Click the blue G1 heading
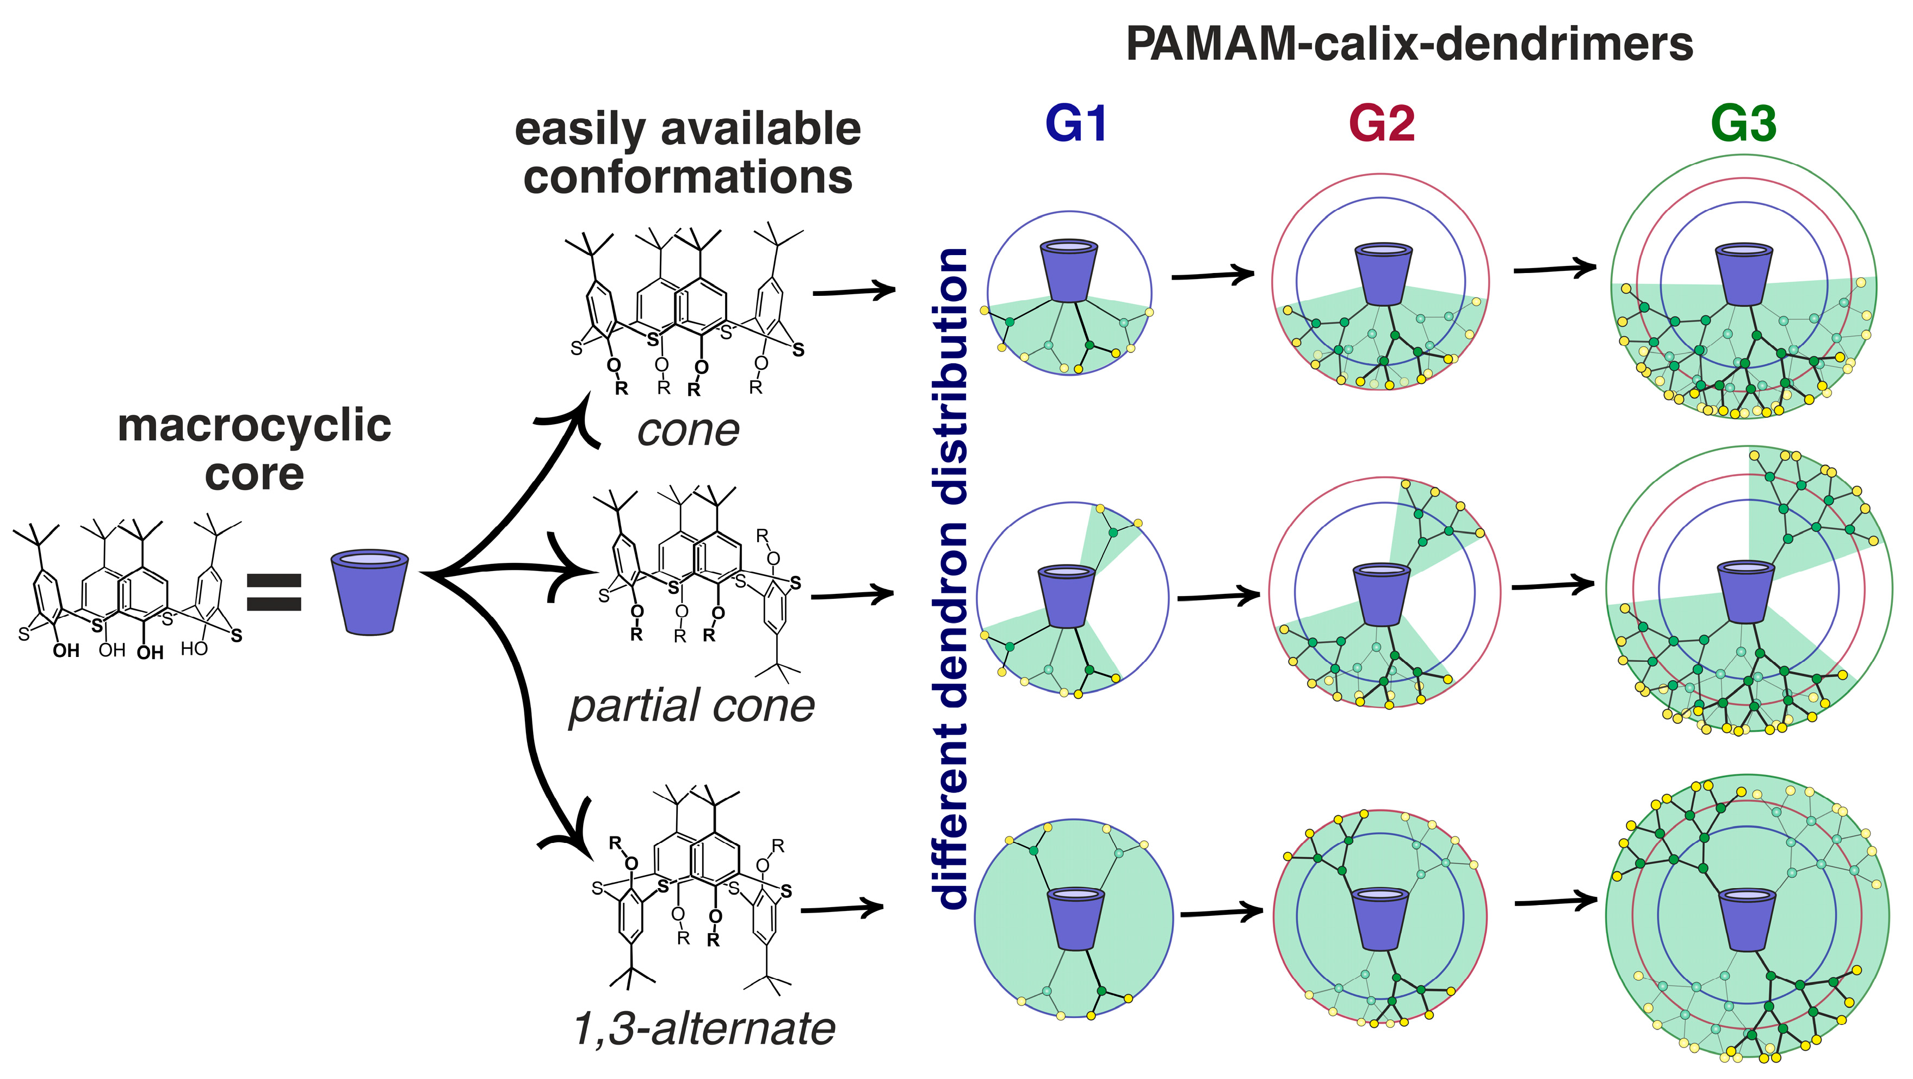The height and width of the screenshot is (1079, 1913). click(1075, 124)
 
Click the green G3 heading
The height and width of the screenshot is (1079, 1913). click(1743, 124)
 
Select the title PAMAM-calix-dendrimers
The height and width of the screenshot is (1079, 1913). click(1409, 45)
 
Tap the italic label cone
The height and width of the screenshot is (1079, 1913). click(689, 431)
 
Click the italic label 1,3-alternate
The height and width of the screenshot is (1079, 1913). click(704, 1028)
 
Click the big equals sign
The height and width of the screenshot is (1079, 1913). click(274, 592)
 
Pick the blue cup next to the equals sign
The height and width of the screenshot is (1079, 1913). click(369, 592)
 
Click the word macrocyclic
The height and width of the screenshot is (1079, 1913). click(254, 426)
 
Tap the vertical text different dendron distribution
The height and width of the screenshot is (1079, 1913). click(954, 579)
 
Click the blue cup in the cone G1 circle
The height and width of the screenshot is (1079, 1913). click(1069, 270)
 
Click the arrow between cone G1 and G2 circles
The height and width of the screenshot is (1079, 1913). click(1212, 276)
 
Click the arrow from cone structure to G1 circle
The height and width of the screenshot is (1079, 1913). click(854, 290)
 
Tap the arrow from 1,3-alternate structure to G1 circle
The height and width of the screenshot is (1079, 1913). click(841, 908)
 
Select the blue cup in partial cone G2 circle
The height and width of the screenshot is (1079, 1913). click(1380, 594)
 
